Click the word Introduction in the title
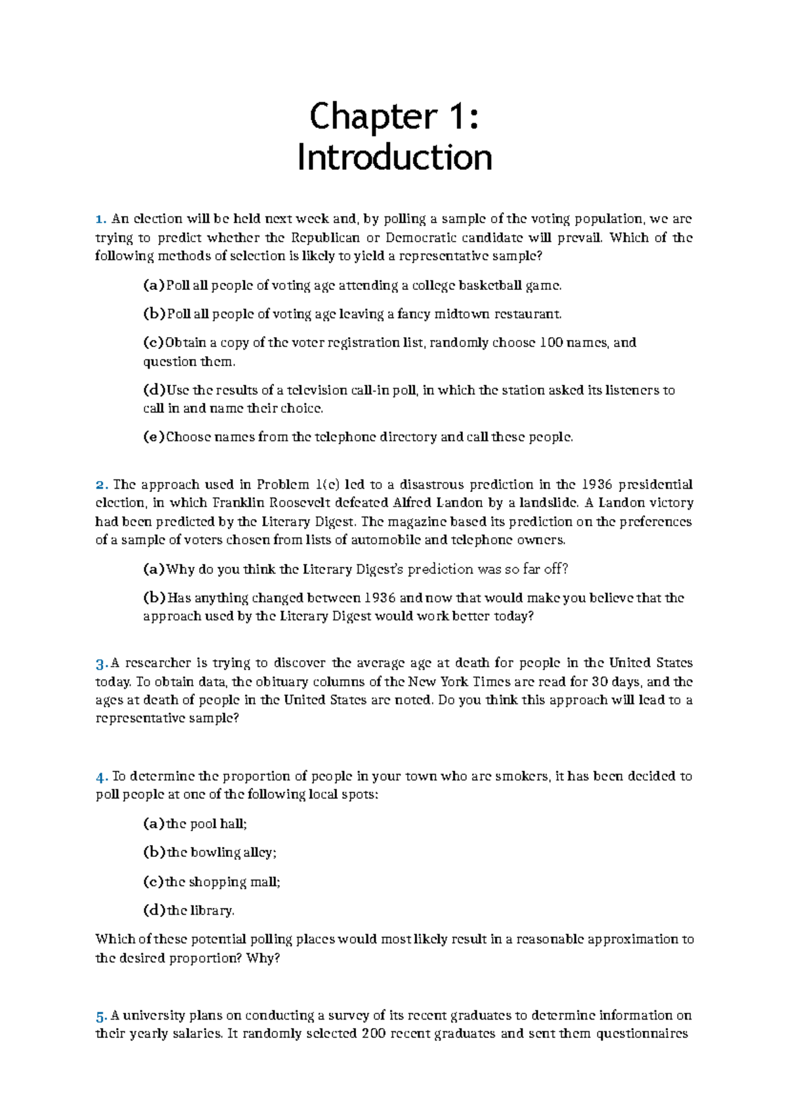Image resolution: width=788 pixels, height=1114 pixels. pos(394,158)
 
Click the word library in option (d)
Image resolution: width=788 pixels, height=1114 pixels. pos(212,910)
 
